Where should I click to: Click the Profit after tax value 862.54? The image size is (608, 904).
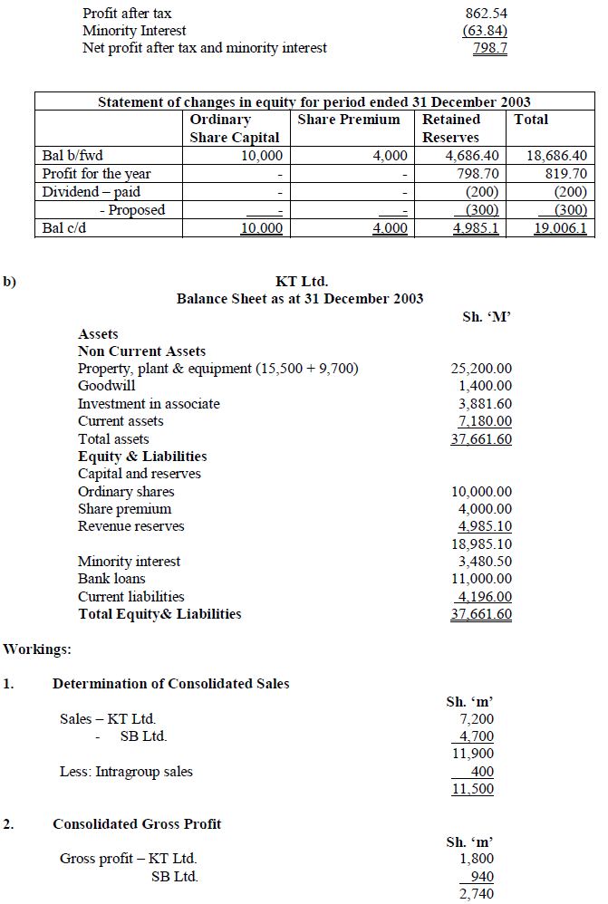pos(485,14)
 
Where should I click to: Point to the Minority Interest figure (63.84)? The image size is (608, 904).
pos(485,31)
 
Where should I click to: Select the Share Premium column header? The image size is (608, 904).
pos(349,120)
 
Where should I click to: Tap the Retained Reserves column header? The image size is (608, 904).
pos(451,128)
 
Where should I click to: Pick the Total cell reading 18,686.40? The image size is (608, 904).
pos(556,156)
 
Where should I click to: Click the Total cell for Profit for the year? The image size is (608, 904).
pos(568,174)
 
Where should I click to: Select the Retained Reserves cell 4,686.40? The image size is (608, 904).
pos(468,156)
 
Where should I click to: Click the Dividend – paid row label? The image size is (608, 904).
pos(92,192)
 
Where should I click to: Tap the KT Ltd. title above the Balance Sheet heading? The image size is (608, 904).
pos(301,282)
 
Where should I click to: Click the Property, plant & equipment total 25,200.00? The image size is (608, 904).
pos(481,369)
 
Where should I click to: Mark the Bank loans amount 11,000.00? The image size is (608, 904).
pos(481,579)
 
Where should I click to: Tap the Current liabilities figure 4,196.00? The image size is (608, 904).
pos(483,597)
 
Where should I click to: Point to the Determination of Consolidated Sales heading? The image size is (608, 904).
pos(171,684)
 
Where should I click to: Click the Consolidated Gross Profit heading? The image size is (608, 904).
pos(137,824)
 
